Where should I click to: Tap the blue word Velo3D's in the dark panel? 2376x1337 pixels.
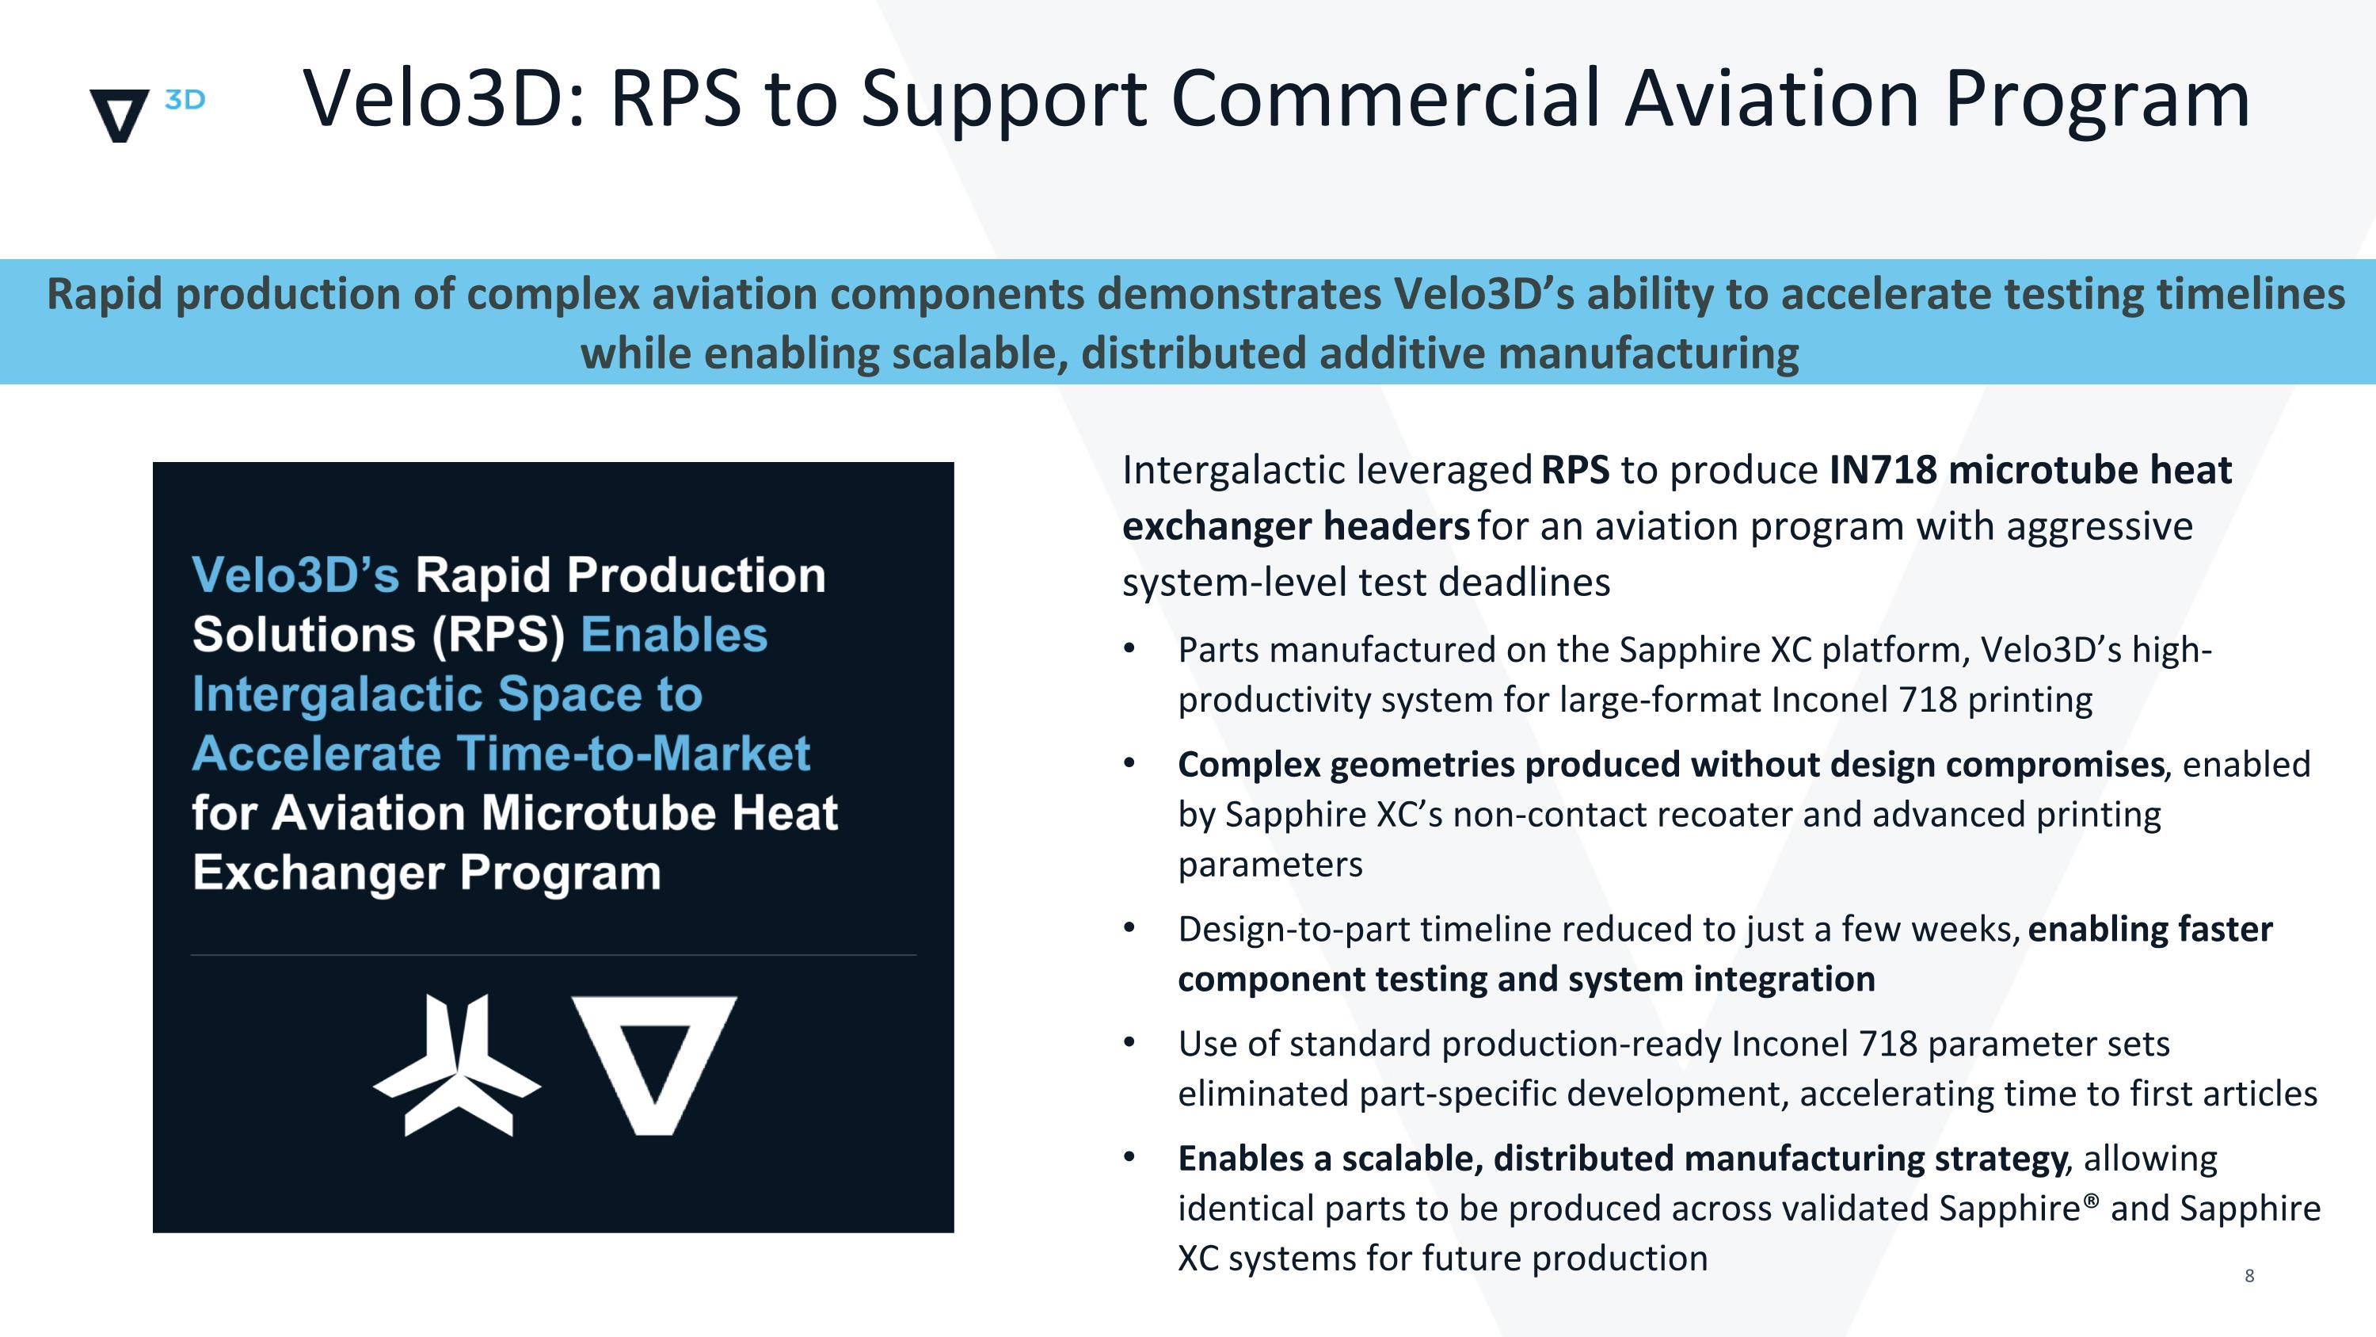295,575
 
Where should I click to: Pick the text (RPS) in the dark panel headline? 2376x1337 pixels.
499,635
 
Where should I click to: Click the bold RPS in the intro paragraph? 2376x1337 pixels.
1575,470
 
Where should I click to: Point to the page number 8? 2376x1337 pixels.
2249,1276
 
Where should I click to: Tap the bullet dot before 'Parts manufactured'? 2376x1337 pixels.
1129,648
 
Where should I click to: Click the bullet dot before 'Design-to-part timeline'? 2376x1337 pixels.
1129,927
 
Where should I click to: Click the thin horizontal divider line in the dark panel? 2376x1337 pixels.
554,955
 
